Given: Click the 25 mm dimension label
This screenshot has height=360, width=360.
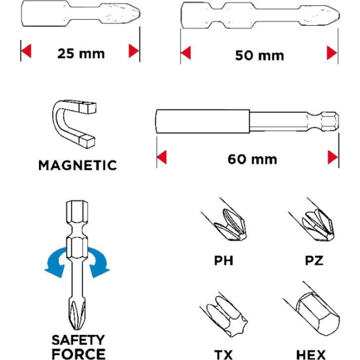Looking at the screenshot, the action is click(81, 54).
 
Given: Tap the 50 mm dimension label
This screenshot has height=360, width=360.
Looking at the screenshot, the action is click(259, 56).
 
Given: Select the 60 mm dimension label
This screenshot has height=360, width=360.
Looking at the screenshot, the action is click(253, 160).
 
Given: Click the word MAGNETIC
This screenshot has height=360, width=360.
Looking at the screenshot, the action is click(77, 166).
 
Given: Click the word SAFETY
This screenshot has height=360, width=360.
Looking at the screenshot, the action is click(78, 340).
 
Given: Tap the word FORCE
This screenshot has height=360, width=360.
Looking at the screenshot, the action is click(79, 354).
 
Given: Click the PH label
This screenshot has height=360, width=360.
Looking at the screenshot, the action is click(223, 260).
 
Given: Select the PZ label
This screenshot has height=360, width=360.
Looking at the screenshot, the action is click(314, 260).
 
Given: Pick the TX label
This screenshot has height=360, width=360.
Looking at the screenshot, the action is click(223, 355).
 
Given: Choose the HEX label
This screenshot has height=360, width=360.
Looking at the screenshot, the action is click(311, 355).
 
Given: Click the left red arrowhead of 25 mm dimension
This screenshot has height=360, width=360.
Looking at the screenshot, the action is click(26, 51).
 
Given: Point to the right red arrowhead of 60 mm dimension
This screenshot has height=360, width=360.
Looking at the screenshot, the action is click(332, 157).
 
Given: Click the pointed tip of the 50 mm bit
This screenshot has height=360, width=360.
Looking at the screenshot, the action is click(340, 16).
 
